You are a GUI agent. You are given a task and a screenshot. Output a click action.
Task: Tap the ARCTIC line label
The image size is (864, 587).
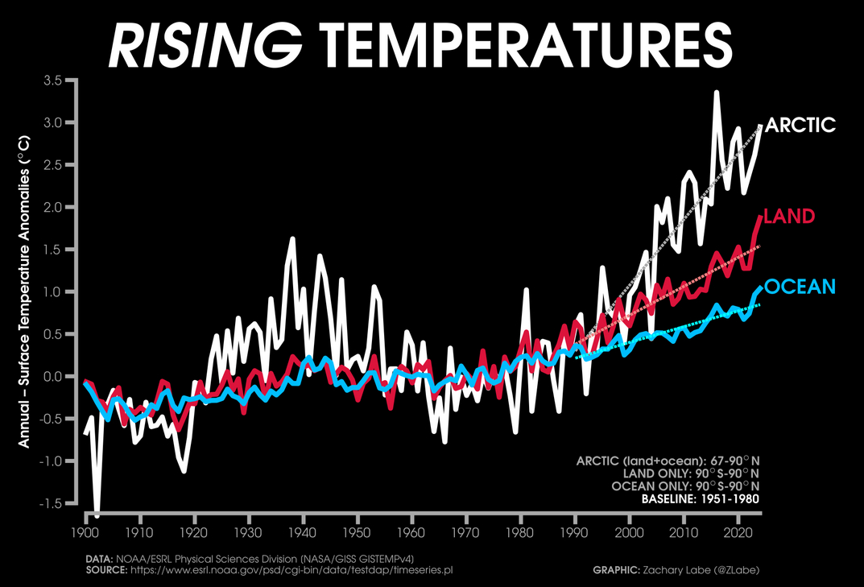tap(801, 125)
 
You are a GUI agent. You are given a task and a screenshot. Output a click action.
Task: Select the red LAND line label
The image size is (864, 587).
tap(789, 216)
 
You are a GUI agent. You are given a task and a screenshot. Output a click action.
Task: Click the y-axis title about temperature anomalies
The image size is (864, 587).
tap(24, 291)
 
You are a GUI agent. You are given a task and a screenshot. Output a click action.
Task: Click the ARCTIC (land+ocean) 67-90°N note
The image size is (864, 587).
tap(668, 461)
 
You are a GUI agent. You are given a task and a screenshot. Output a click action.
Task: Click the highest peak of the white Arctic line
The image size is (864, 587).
tap(716, 93)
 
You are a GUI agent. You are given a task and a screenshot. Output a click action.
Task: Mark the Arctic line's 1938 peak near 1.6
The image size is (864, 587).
tap(291, 238)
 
